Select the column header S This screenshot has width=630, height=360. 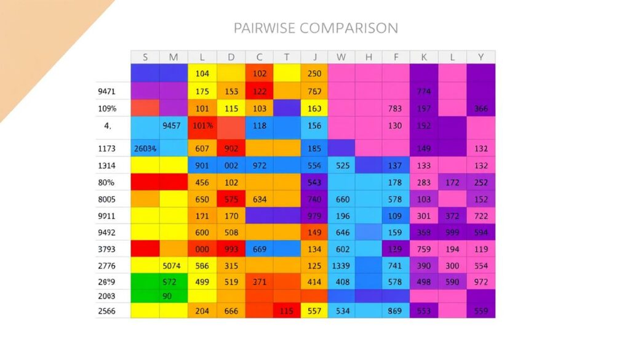point(145,57)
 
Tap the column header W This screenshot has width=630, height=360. point(341,57)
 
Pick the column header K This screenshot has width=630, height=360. point(424,57)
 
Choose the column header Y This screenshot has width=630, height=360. point(480,57)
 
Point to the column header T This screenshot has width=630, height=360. point(287,57)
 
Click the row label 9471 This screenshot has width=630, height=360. point(107,91)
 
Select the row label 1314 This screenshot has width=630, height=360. point(107,166)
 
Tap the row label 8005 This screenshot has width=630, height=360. point(107,199)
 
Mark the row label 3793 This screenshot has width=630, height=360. point(107,249)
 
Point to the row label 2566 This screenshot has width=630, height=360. point(107,311)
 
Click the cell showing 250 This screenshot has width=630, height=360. point(314,74)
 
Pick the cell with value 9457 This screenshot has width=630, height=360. point(173,126)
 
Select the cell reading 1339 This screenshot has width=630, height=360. point(342,266)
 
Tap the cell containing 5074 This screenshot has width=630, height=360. point(173,266)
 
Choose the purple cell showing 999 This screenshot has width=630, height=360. point(452,233)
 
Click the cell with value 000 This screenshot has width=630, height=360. point(202,249)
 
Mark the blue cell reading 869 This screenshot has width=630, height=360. point(396,311)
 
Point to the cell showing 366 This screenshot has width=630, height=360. point(480,109)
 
